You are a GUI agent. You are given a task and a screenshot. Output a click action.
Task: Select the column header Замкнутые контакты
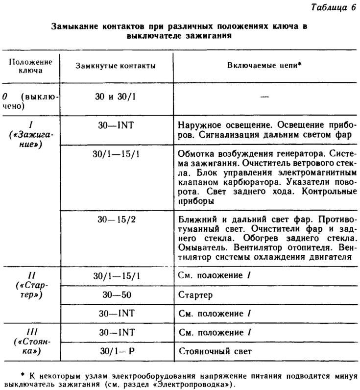[x=116, y=66]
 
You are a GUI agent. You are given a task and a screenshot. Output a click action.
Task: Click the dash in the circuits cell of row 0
[x=264, y=97]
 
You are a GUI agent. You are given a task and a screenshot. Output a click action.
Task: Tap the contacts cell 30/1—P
[x=116, y=351]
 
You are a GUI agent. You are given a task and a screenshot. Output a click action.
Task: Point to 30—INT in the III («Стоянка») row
[x=116, y=332]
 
